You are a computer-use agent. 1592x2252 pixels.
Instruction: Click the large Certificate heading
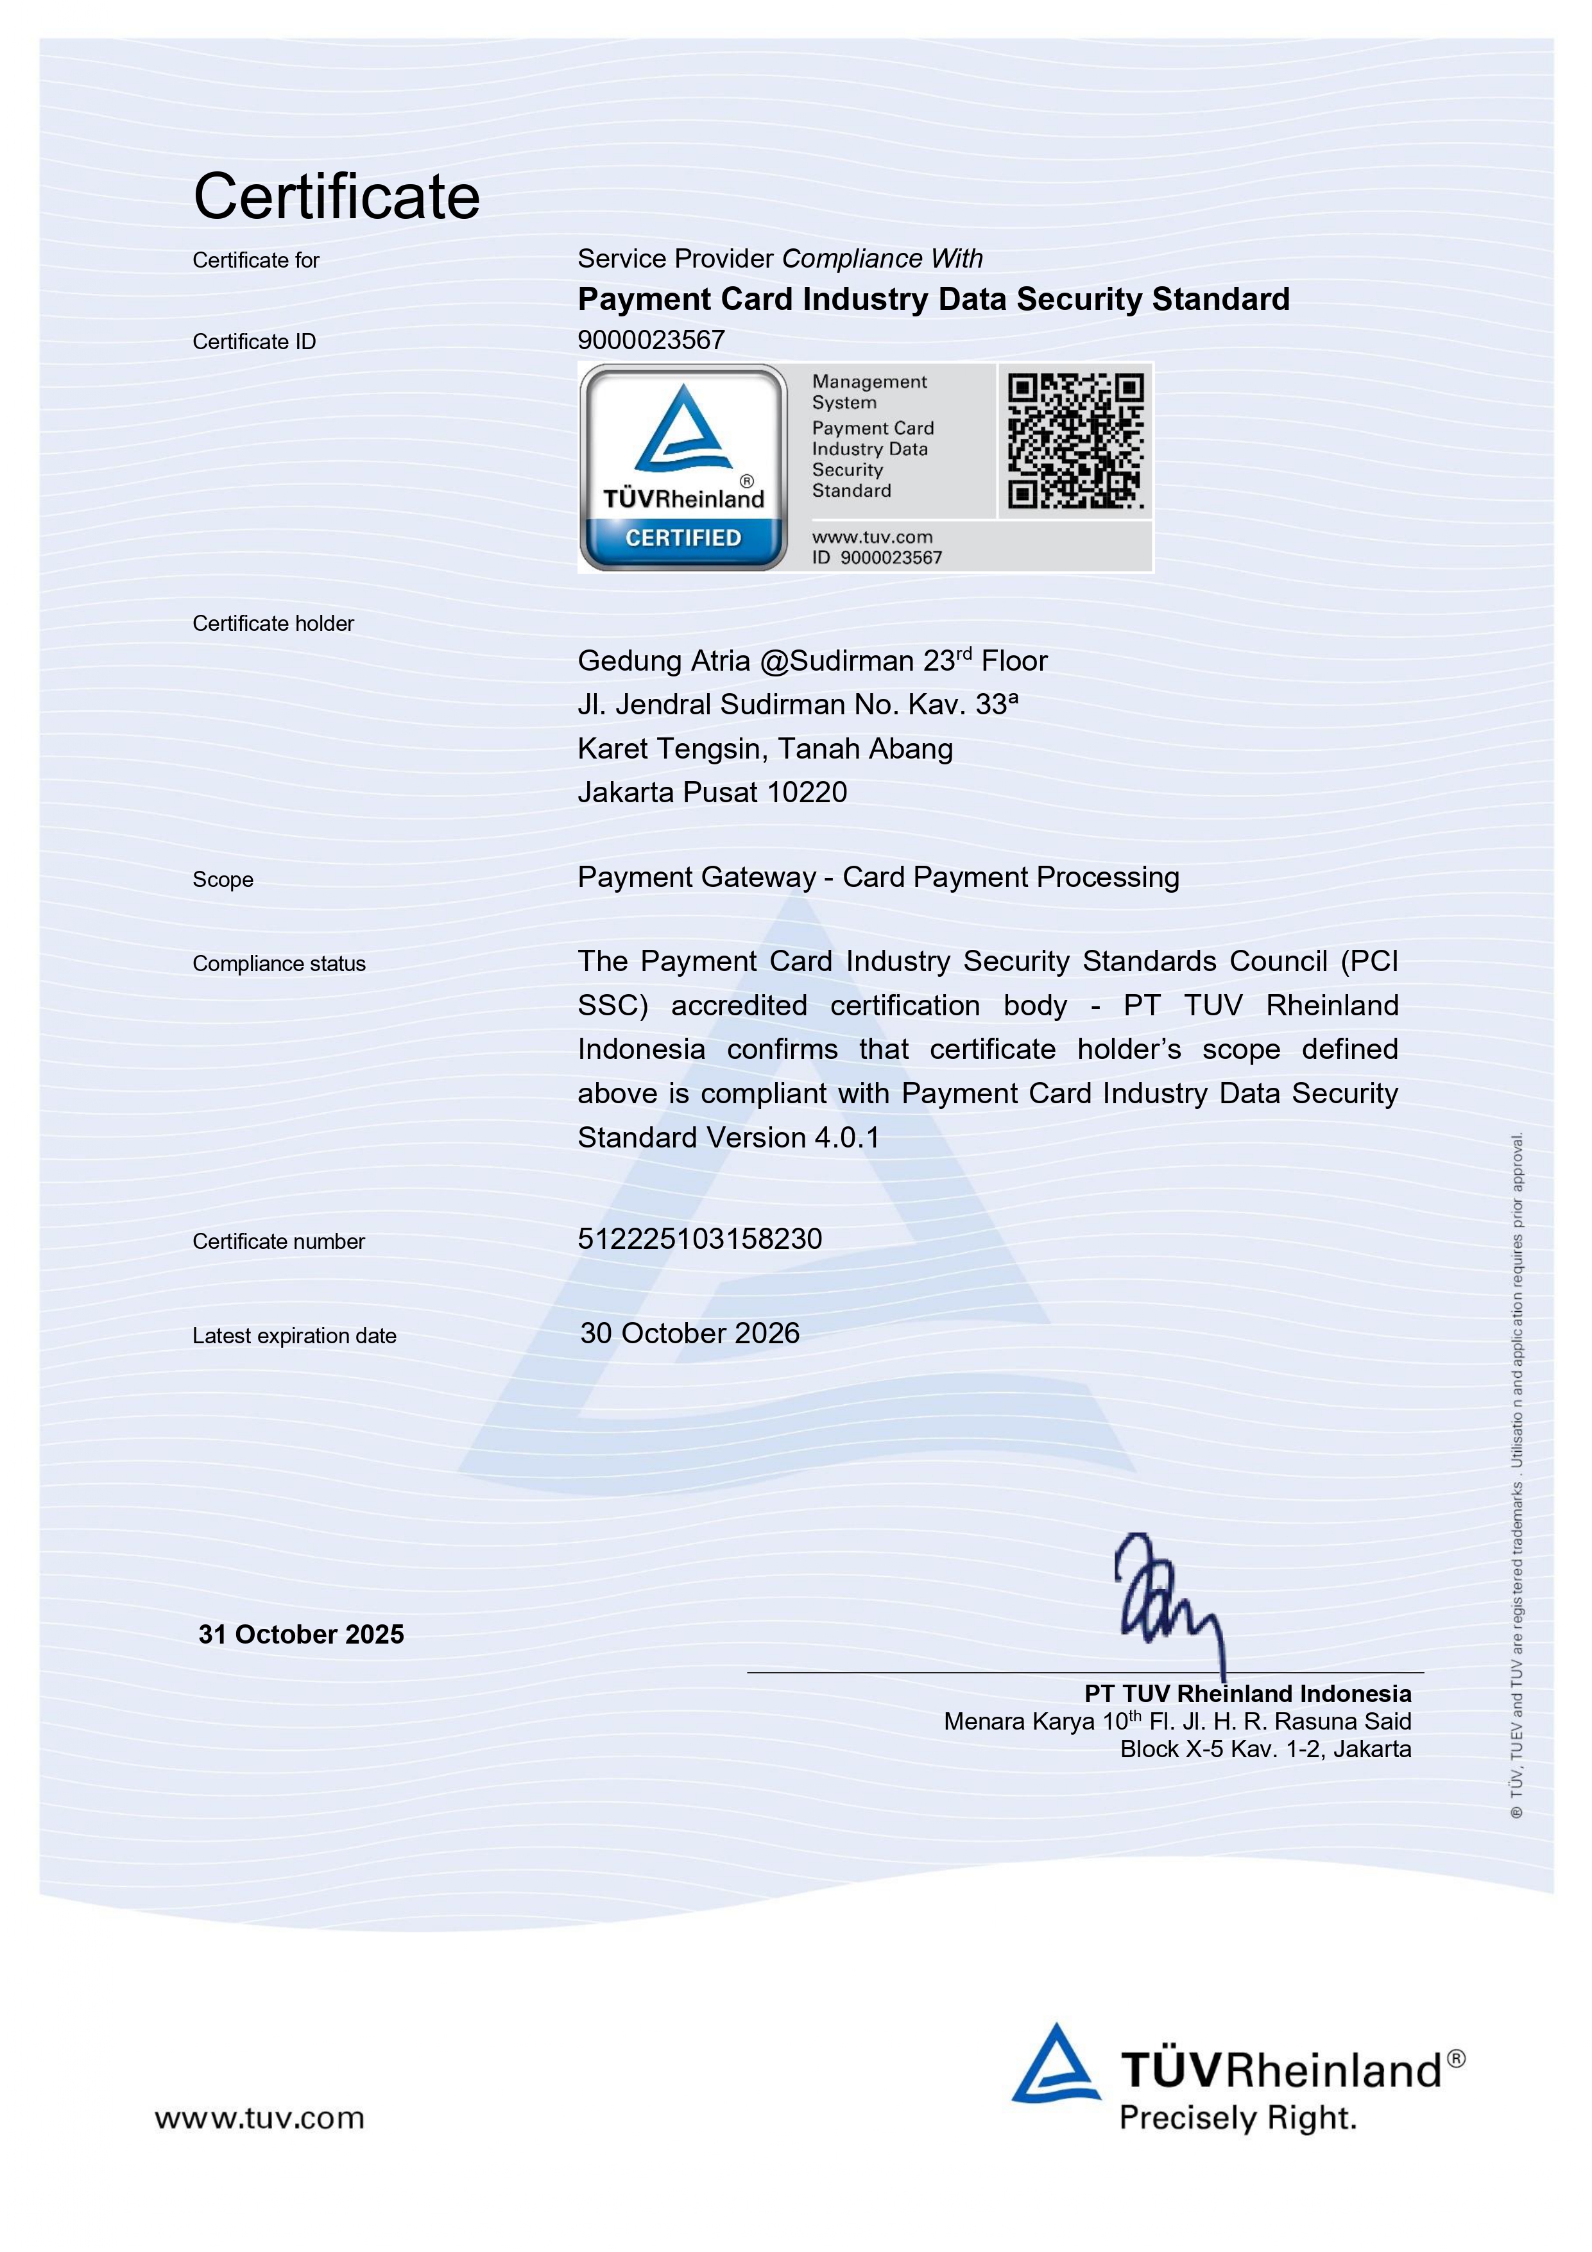[x=336, y=196]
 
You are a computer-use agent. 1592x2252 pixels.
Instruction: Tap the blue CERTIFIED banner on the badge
[x=683, y=538]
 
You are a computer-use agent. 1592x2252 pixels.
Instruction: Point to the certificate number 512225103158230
[x=699, y=1239]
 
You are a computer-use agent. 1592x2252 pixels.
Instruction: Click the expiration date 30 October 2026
[x=690, y=1333]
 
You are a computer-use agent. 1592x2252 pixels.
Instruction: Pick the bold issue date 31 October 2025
[x=301, y=1634]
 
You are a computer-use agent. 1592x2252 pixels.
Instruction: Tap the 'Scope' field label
[x=223, y=880]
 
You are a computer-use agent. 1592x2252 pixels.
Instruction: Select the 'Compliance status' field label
[x=278, y=964]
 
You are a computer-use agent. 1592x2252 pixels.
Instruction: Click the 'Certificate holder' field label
[x=273, y=624]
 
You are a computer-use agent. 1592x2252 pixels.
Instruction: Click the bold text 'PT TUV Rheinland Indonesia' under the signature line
[x=1247, y=1694]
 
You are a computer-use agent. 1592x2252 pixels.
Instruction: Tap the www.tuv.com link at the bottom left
[x=259, y=2118]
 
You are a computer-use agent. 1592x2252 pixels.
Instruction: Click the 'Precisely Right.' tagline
[x=1238, y=2119]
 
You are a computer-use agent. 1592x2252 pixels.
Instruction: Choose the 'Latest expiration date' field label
[x=295, y=1336]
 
